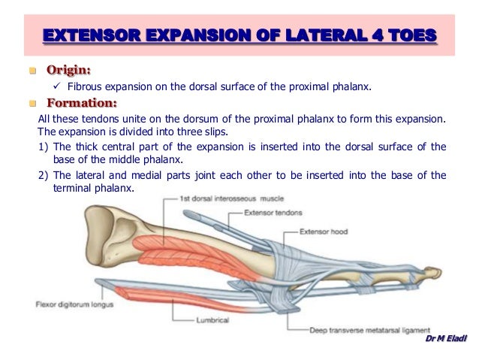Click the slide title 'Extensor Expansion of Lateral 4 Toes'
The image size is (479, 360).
(x=239, y=35)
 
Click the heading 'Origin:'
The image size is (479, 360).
(x=69, y=71)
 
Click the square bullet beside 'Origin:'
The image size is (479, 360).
(x=33, y=71)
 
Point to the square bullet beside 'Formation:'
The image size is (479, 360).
(x=33, y=104)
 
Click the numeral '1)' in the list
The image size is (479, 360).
(x=44, y=147)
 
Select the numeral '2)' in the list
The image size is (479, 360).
(x=44, y=175)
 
